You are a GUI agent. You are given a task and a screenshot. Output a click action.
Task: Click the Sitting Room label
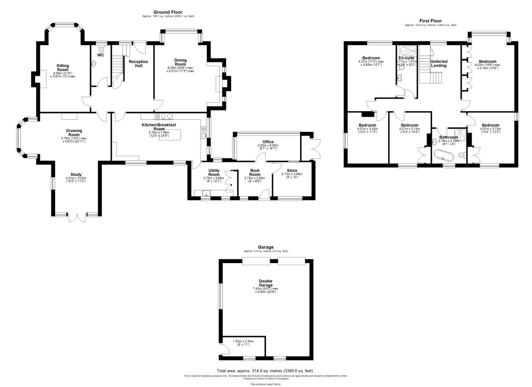pyautogui.click(x=63, y=68)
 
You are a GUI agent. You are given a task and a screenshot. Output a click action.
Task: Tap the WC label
pyautogui.click(x=101, y=55)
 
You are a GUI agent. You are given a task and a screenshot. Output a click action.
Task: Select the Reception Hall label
pyautogui.click(x=138, y=64)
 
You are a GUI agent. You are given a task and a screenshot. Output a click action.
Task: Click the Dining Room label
pyautogui.click(x=180, y=62)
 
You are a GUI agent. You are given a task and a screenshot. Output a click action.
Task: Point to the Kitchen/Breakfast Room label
pyautogui.click(x=159, y=127)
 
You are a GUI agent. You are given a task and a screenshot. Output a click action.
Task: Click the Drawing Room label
pyautogui.click(x=74, y=133)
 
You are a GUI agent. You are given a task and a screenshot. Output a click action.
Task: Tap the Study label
pyautogui.click(x=76, y=175)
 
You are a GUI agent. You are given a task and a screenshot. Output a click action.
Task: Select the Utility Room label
pyautogui.click(x=214, y=172)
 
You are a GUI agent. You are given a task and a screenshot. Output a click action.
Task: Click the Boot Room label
pyautogui.click(x=255, y=172)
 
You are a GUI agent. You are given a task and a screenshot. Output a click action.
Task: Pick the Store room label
pyautogui.click(x=292, y=171)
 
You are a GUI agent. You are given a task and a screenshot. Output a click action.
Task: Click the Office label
pyautogui.click(x=268, y=142)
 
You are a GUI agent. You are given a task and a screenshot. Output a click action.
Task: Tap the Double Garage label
pyautogui.click(x=265, y=283)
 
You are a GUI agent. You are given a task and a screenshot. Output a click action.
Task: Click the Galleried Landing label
pyautogui.click(x=438, y=63)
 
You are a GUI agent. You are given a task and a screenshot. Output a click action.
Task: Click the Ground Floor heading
pyautogui.click(x=168, y=12)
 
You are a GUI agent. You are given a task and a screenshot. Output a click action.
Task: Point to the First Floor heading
pyautogui.click(x=431, y=21)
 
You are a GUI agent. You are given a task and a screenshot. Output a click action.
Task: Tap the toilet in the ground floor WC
pyautogui.click(x=100, y=49)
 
